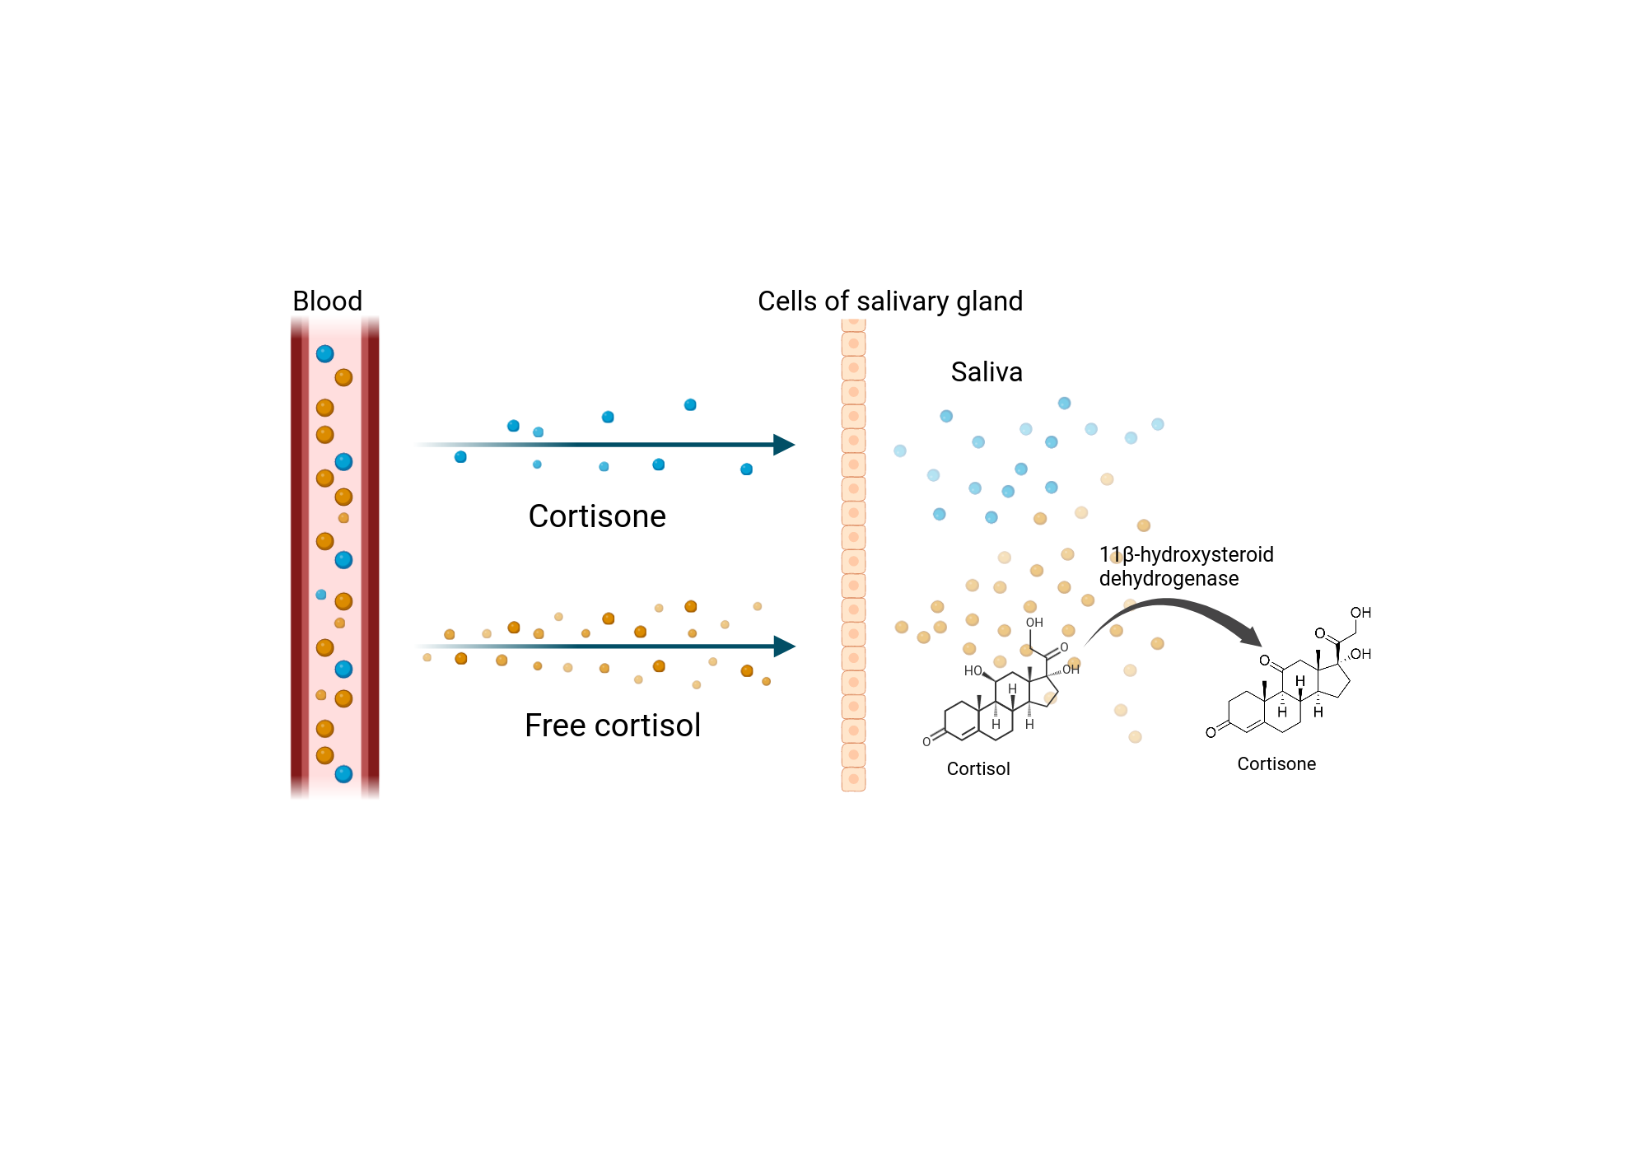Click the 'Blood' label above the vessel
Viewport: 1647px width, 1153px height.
[327, 301]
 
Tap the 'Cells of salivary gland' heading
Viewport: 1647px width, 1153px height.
[889, 301]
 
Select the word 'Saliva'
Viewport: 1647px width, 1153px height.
[986, 372]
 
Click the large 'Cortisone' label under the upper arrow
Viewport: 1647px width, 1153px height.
[597, 516]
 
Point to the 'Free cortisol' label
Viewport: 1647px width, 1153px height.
[613, 726]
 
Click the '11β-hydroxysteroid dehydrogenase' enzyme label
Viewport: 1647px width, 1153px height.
[1186, 567]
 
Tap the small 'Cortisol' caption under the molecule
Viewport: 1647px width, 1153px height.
[978, 769]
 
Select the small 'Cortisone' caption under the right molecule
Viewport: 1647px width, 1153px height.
[1276, 764]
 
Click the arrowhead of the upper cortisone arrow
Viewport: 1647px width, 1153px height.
[784, 445]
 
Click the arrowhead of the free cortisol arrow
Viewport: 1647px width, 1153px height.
[784, 647]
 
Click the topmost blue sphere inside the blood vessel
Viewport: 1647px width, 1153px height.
[325, 354]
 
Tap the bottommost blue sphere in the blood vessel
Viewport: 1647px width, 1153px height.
[343, 774]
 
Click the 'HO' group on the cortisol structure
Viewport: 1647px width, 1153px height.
[973, 671]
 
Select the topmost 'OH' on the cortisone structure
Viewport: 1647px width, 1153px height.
[1360, 613]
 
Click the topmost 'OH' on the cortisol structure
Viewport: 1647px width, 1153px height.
[1034, 623]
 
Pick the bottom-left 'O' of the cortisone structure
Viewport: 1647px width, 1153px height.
[1211, 733]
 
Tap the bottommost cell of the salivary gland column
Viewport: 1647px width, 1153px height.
[853, 779]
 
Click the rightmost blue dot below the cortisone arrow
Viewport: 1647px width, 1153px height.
[746, 469]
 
